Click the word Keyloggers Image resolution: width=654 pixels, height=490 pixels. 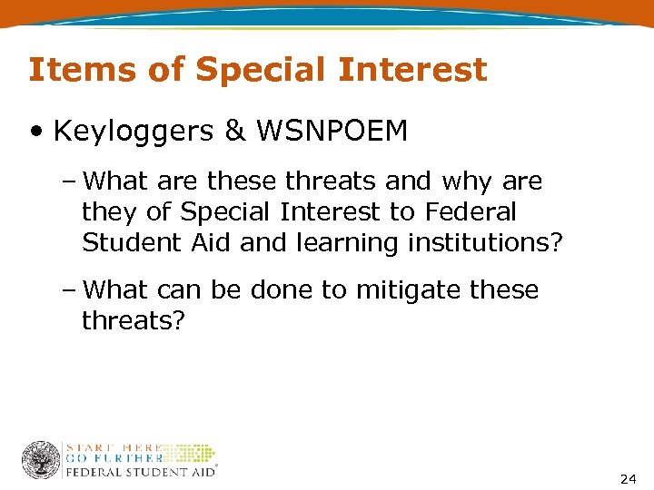[134, 132]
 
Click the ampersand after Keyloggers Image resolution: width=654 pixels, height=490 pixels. [234, 132]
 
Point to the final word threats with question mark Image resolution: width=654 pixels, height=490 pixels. [133, 321]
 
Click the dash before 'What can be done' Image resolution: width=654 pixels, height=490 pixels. [71, 290]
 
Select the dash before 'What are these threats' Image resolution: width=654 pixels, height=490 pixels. [71, 181]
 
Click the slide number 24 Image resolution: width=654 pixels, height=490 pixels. [627, 478]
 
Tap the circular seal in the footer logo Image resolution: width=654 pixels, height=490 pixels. [40, 460]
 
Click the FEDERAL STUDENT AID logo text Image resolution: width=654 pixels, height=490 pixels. [140, 473]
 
